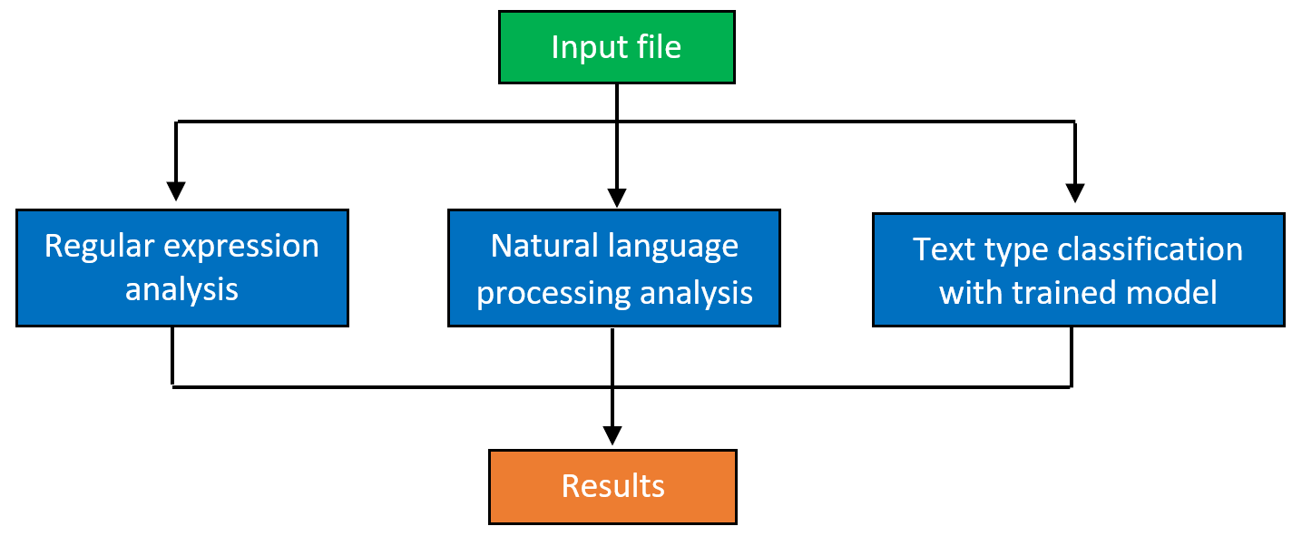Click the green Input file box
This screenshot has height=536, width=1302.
click(617, 47)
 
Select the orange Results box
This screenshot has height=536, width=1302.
click(612, 487)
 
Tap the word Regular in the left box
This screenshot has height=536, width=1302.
click(100, 246)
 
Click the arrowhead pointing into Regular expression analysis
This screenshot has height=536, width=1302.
click(175, 191)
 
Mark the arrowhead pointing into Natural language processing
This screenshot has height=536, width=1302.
click(617, 198)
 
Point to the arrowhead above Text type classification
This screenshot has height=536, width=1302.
click(1075, 193)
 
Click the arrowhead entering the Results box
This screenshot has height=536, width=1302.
click(612, 435)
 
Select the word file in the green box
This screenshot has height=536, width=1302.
click(659, 47)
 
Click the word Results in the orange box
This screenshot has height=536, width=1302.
click(612, 486)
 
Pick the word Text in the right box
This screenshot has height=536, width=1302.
click(944, 249)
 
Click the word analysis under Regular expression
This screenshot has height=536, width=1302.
click(181, 290)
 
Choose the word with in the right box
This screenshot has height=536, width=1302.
click(971, 293)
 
